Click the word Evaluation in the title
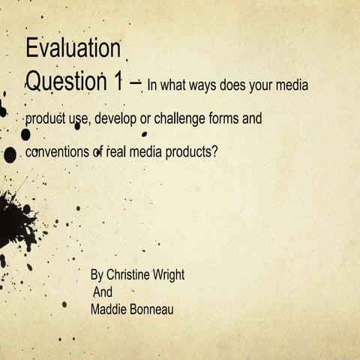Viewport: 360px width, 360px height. pyautogui.click(x=73, y=49)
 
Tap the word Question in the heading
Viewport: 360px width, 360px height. pyautogui.click(x=64, y=80)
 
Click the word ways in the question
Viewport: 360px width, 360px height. pyautogui.click(x=199, y=85)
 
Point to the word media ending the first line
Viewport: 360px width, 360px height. pyautogui.click(x=292, y=85)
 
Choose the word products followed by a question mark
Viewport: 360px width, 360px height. pyautogui.click(x=192, y=151)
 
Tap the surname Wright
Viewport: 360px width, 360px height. pyautogui.click(x=169, y=275)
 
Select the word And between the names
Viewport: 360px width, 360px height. pyautogui.click(x=101, y=292)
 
